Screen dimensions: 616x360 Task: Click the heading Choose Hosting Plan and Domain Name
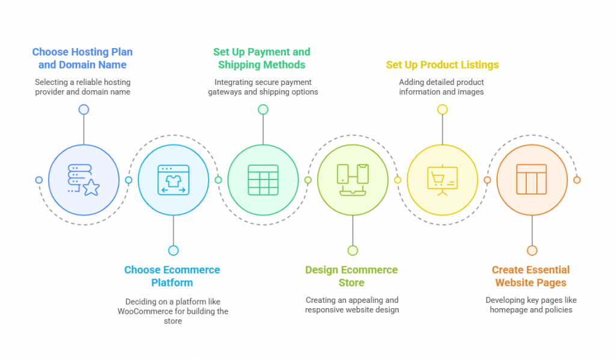[x=82, y=58]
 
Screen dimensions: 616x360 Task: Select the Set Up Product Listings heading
[x=442, y=65]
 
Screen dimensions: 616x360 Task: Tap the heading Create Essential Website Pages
[x=531, y=276]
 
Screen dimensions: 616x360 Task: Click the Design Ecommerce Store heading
[x=351, y=276]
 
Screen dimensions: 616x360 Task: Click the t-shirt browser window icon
[x=173, y=180]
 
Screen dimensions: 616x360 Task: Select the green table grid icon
[x=263, y=180]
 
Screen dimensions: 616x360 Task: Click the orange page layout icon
[x=532, y=179]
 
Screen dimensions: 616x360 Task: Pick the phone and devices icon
[x=353, y=180]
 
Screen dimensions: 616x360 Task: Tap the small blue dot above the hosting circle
[x=84, y=110]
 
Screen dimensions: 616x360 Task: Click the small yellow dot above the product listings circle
[x=442, y=110]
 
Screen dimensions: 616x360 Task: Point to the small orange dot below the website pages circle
[x=532, y=250]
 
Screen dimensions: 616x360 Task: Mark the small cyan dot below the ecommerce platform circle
[x=173, y=250]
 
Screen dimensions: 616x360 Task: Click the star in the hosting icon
[x=91, y=187]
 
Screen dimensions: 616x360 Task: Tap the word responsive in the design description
[x=324, y=310]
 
